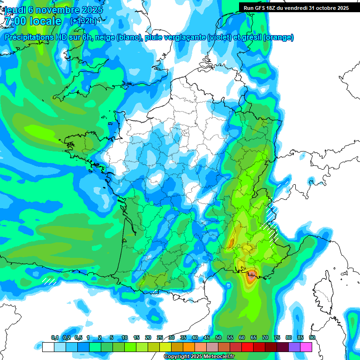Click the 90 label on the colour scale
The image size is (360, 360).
click(312, 337)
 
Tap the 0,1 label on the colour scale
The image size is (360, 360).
click(55, 337)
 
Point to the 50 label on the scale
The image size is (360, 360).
click(218, 337)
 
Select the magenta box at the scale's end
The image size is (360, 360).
click(306, 347)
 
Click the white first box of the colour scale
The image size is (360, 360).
click(48, 347)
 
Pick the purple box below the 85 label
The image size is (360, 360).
click(294, 347)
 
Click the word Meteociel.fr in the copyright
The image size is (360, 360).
click(219, 357)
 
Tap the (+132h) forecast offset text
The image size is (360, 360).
click(83, 21)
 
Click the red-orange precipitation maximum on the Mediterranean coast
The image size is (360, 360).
click(252, 275)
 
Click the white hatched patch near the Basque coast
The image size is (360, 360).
click(49, 281)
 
